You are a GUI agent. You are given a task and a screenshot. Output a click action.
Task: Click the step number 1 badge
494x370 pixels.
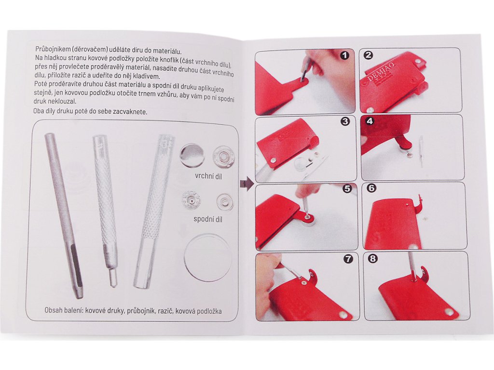point(345,55)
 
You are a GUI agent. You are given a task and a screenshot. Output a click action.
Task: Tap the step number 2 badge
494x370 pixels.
point(368,55)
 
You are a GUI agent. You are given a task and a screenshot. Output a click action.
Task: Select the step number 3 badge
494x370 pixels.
point(345,121)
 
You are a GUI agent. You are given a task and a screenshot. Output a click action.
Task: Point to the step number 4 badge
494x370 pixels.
point(370,121)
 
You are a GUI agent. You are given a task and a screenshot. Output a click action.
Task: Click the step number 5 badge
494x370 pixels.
point(347,188)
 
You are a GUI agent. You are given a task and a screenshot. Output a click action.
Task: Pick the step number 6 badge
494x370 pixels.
point(372,188)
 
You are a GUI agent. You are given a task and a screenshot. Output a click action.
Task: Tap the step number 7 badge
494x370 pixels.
point(348,259)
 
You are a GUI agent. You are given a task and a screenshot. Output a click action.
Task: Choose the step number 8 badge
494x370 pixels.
point(373,259)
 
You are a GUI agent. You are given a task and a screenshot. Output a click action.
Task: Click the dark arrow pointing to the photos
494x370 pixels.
point(247,184)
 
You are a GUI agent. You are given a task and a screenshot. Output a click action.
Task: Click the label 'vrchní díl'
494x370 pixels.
point(208,176)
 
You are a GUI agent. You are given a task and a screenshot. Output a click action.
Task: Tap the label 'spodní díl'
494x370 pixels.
point(207,219)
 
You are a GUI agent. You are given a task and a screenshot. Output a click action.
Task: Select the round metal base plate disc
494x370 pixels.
point(207,257)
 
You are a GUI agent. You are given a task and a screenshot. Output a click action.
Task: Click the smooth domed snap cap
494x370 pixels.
point(192,156)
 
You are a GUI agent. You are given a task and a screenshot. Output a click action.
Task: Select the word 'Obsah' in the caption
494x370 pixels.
point(54,310)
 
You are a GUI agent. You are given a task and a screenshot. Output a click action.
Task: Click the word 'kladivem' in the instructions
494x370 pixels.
point(148,77)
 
